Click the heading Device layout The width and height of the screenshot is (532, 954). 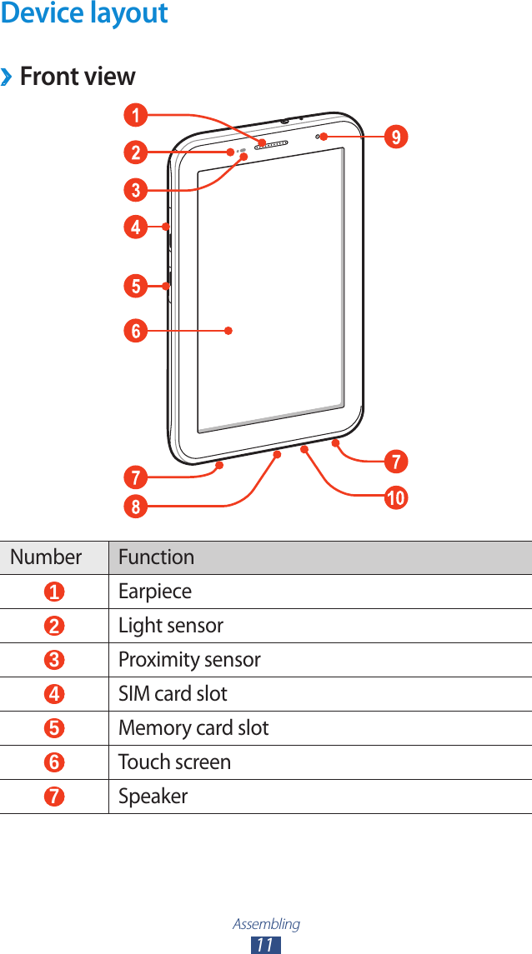[x=84, y=14]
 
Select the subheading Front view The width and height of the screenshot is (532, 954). [x=77, y=77]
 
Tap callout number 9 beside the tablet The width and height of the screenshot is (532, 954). [x=397, y=136]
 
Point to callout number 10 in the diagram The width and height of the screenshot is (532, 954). [x=395, y=499]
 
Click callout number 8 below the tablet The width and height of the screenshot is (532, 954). [x=135, y=506]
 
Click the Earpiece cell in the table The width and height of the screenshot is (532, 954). [x=155, y=592]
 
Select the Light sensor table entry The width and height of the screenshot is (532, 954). [x=171, y=626]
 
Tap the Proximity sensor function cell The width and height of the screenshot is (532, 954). [x=189, y=660]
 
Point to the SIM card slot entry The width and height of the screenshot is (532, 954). [x=173, y=694]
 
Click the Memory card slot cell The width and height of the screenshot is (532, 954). [x=193, y=728]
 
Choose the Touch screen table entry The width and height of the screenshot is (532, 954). [x=174, y=762]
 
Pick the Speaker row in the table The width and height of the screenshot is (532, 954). [x=153, y=797]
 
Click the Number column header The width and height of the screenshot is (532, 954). [x=46, y=557]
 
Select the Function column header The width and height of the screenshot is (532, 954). [x=156, y=557]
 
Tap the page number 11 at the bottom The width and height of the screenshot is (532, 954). [x=266, y=944]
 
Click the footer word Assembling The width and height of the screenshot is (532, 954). [x=266, y=924]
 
